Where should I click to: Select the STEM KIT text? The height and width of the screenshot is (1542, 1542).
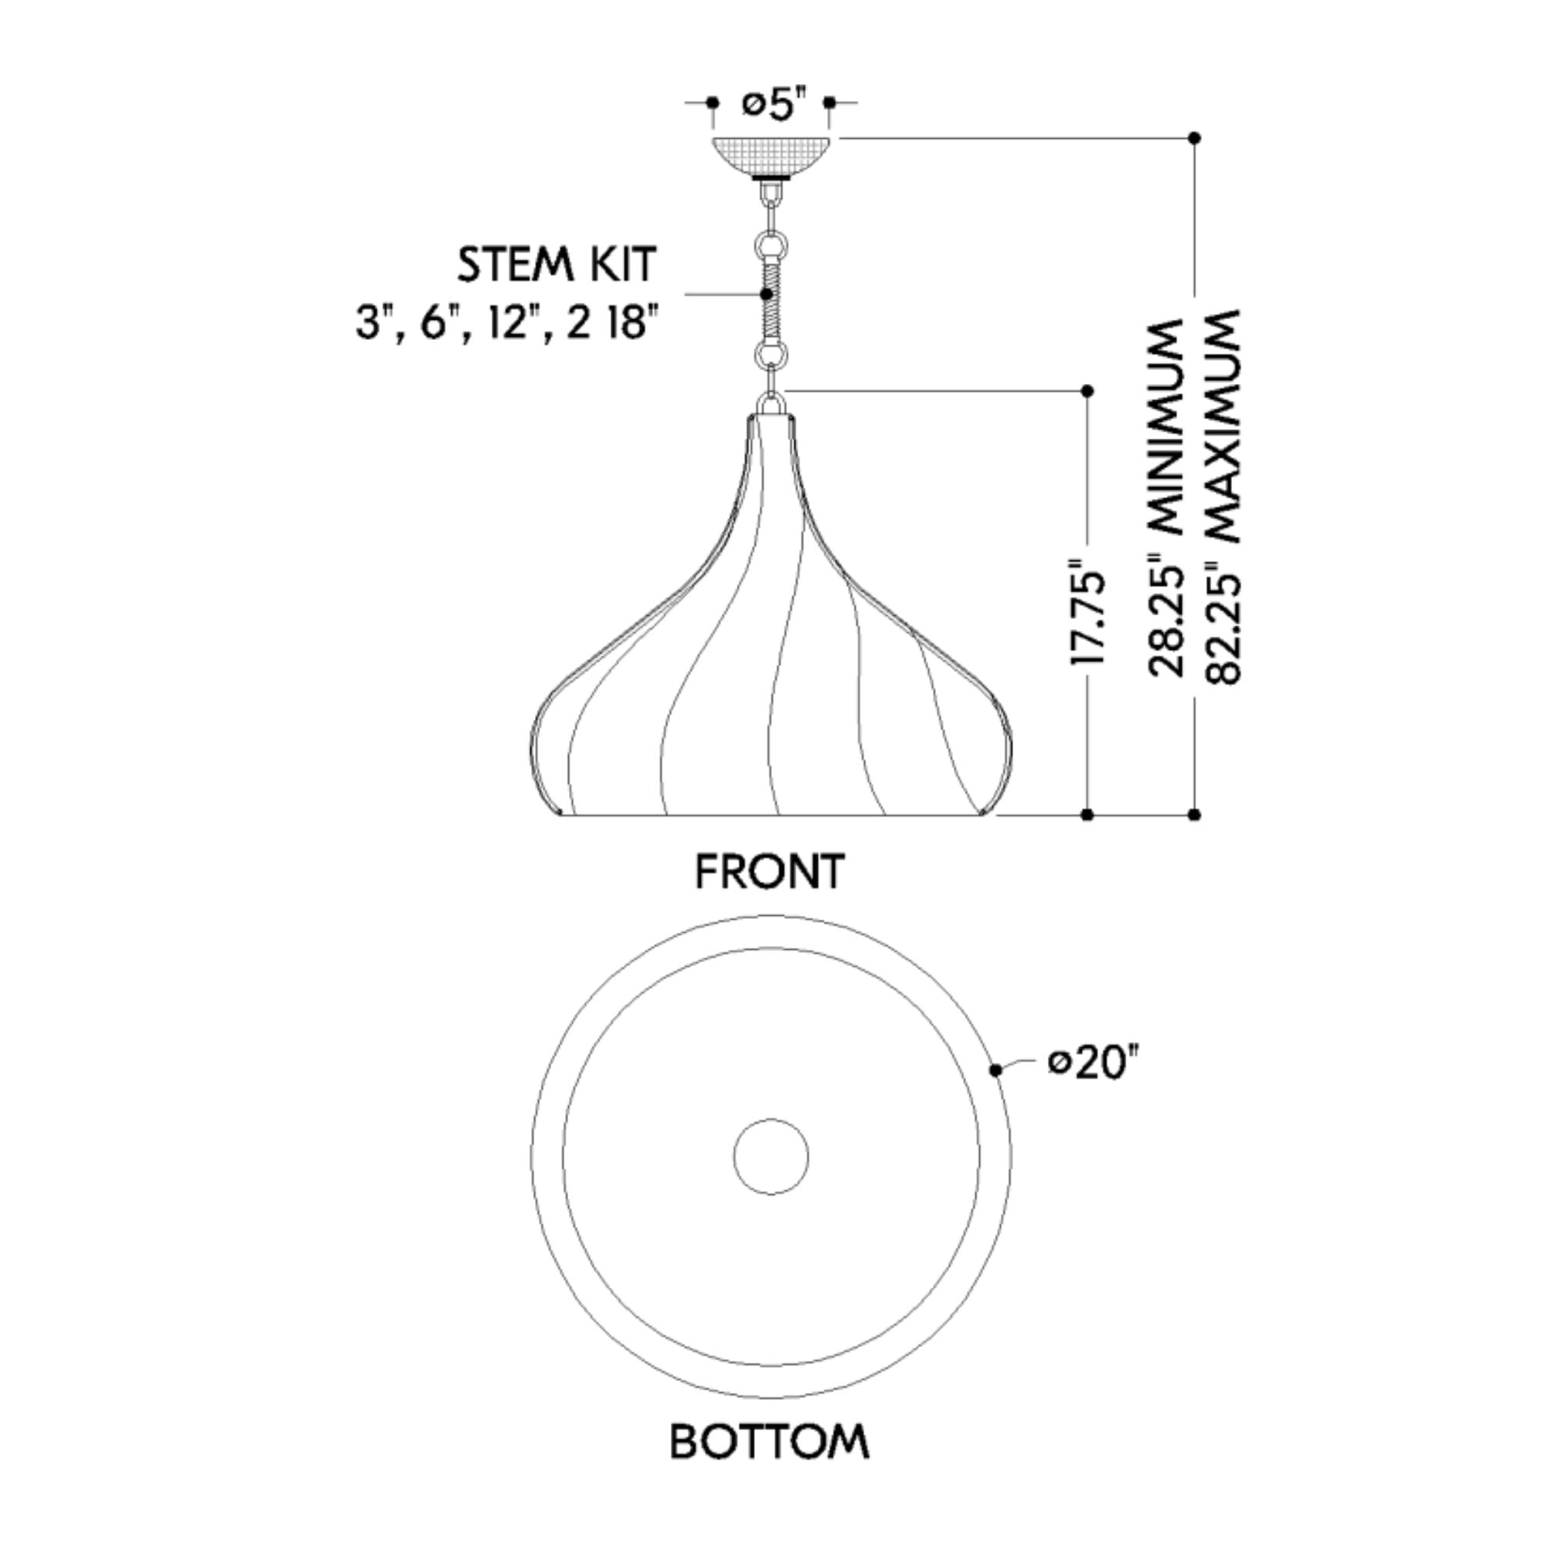[557, 265]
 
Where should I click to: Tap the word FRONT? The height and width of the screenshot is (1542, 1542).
[769, 871]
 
